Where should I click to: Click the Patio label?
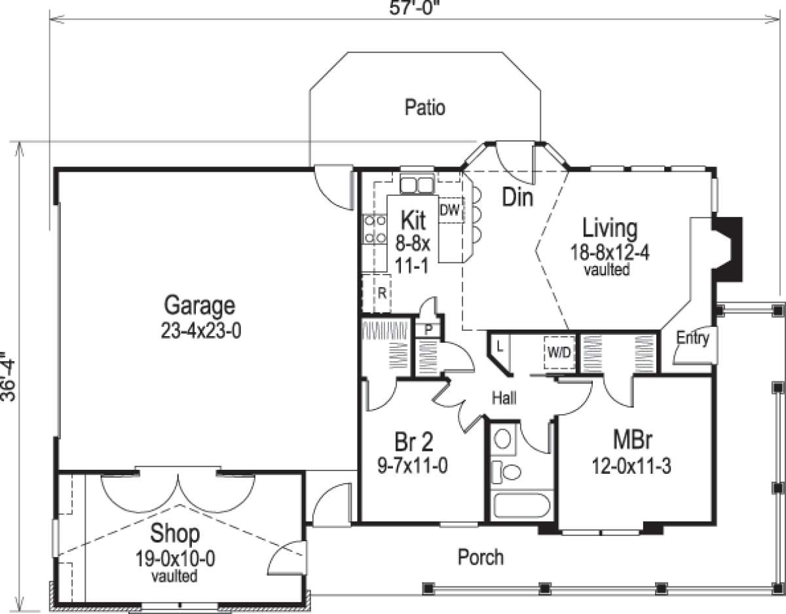(424, 108)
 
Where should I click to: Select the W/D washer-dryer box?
(559, 353)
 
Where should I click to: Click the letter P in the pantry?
(428, 330)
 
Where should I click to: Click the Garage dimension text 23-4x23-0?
(200, 330)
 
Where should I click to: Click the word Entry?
(693, 338)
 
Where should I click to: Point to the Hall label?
(504, 398)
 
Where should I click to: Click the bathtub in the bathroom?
(521, 506)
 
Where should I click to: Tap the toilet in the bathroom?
(507, 471)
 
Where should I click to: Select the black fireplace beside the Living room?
(728, 249)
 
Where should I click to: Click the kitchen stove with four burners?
(375, 229)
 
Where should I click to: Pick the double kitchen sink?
(417, 185)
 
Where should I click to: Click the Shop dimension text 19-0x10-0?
(175, 559)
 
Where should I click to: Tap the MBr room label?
(633, 439)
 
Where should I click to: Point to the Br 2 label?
(413, 442)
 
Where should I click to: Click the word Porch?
(480, 557)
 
